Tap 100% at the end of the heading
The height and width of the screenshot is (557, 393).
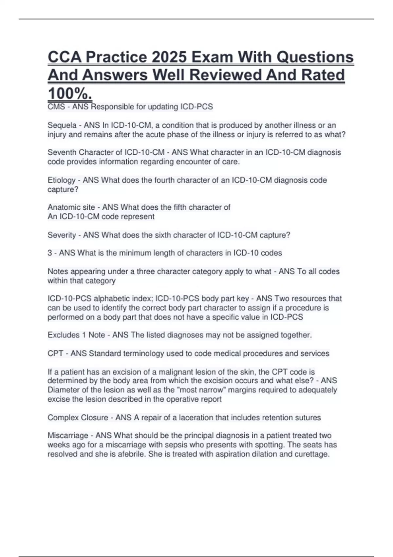click(70, 93)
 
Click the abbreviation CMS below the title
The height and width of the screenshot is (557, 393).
click(56, 107)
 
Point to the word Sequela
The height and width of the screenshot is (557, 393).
click(62, 125)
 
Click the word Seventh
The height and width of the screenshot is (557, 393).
click(62, 152)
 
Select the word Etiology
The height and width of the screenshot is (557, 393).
click(62, 180)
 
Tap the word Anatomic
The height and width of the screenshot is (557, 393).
click(63, 207)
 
